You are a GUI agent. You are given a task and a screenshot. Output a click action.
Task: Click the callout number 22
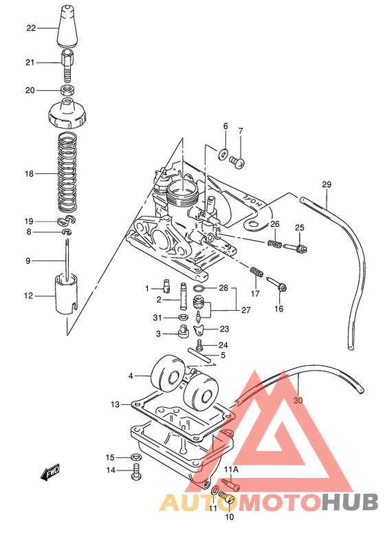click(x=30, y=28)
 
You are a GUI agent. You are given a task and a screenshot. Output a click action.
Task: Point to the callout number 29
click(x=327, y=184)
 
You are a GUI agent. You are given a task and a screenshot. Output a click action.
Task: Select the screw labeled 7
click(x=238, y=162)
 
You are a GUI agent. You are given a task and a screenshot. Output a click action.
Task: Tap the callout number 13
click(x=115, y=404)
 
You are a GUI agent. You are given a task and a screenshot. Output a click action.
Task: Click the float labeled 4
click(x=168, y=374)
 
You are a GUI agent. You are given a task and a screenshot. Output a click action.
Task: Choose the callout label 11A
click(x=230, y=470)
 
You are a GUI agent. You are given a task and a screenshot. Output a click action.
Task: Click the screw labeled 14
click(x=136, y=472)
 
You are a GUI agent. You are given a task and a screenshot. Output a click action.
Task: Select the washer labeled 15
click(x=136, y=457)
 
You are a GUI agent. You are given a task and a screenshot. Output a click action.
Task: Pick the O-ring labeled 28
click(x=197, y=287)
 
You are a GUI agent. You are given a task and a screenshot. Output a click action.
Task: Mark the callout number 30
click(x=298, y=400)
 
